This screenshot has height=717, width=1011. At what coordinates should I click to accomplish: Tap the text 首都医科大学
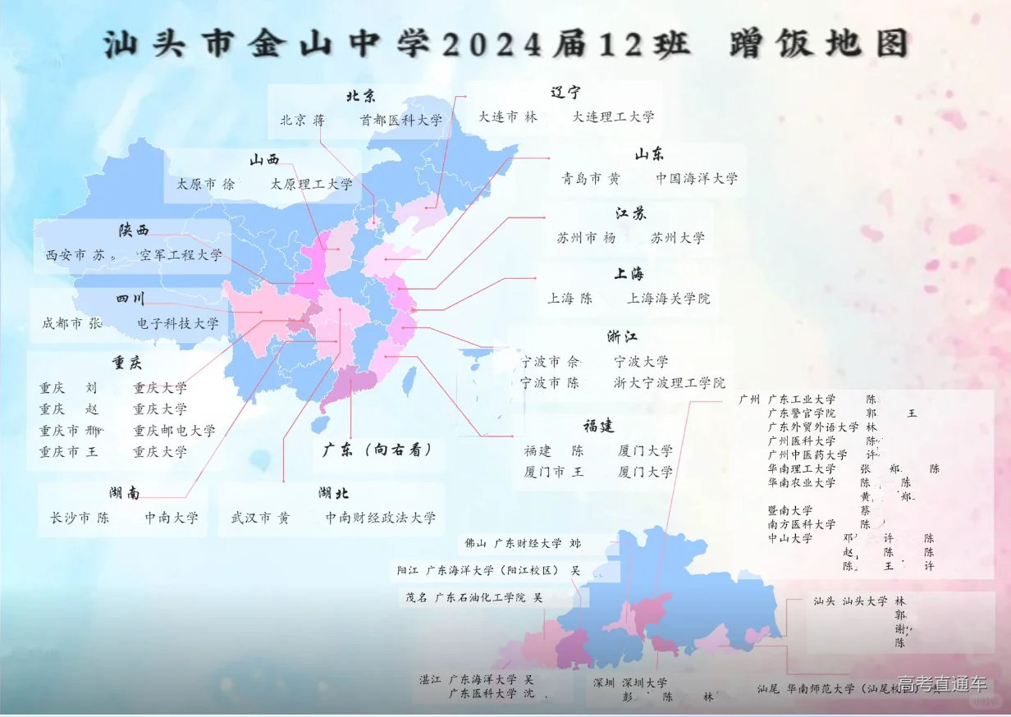click(x=401, y=120)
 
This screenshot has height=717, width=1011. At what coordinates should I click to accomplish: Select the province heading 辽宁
click(x=566, y=93)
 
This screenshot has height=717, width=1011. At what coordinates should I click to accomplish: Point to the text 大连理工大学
click(x=614, y=116)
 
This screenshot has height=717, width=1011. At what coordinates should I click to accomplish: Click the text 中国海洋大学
click(x=697, y=177)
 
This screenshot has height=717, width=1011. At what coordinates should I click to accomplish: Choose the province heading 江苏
click(x=631, y=213)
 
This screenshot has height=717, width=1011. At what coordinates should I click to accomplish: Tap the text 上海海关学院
click(x=669, y=299)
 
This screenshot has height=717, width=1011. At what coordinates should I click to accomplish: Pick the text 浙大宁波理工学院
click(x=670, y=382)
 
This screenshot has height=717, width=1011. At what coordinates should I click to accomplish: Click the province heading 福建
click(x=599, y=426)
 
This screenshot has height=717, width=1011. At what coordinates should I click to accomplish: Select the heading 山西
click(x=265, y=160)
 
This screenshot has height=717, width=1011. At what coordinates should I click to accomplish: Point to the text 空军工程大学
click(x=181, y=255)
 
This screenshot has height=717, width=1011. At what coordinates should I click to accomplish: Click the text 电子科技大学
click(x=178, y=323)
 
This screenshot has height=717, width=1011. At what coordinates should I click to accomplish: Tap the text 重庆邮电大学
click(x=174, y=430)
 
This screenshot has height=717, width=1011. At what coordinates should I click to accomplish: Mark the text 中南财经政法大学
click(x=381, y=518)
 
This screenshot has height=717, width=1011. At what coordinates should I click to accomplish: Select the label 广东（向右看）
click(x=377, y=450)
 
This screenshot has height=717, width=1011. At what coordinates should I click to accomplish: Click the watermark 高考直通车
click(x=942, y=684)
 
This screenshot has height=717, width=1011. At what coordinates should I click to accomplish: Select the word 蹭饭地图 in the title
click(x=819, y=43)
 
